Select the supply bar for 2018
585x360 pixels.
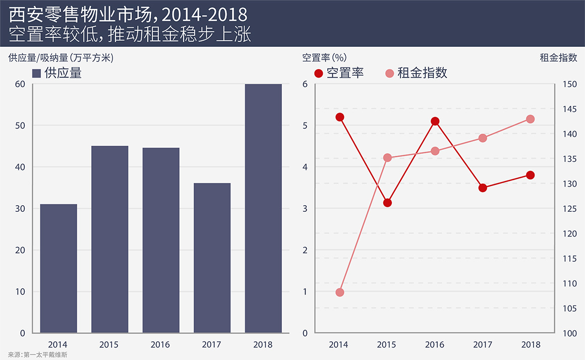(x=263, y=208)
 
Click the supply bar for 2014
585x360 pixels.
(x=58, y=268)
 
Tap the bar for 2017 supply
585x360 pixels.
(x=212, y=258)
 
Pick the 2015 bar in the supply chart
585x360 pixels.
(x=109, y=239)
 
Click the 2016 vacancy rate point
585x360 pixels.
(x=435, y=122)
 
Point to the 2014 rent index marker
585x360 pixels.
(x=339, y=292)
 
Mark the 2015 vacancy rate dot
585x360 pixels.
(x=387, y=203)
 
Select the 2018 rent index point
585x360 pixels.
(x=530, y=119)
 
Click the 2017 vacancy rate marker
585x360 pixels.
(x=483, y=188)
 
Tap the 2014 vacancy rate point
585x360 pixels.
(x=339, y=117)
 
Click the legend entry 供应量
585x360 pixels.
(x=57, y=73)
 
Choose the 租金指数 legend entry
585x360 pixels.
(x=416, y=73)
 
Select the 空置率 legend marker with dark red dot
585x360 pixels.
(x=319, y=73)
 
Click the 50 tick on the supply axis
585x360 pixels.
(x=20, y=126)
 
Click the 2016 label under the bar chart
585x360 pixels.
(x=160, y=345)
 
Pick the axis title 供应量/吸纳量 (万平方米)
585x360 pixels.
(x=61, y=57)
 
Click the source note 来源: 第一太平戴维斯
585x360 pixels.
(x=38, y=355)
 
